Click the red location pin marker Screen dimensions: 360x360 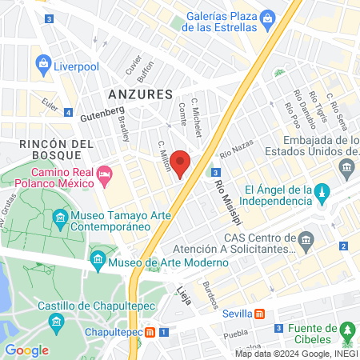click(x=181, y=165)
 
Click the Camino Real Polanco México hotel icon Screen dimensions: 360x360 click(x=103, y=174)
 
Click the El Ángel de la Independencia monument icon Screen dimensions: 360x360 click(x=322, y=191)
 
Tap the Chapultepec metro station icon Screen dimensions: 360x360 click(x=150, y=332)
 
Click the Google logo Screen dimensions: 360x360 click(x=26, y=350)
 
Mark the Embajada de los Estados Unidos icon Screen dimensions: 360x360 click(x=347, y=167)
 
